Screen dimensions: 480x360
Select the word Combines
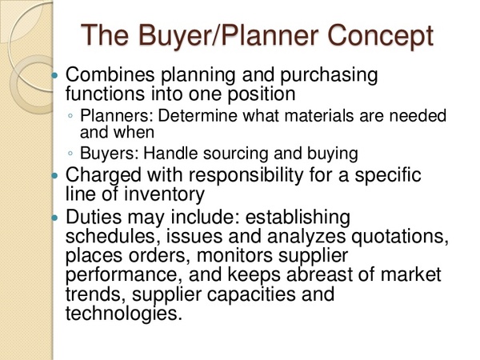coord(110,74)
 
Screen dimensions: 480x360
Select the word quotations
coord(400,236)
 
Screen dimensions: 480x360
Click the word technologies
coord(122,314)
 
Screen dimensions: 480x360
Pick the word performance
coord(122,275)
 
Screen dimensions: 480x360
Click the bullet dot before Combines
coord(54,75)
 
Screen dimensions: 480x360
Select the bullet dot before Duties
coord(54,218)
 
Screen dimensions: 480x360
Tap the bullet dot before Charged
coord(54,176)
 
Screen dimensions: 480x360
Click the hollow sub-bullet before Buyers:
coord(70,153)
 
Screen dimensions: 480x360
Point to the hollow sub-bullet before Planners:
coord(70,115)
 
